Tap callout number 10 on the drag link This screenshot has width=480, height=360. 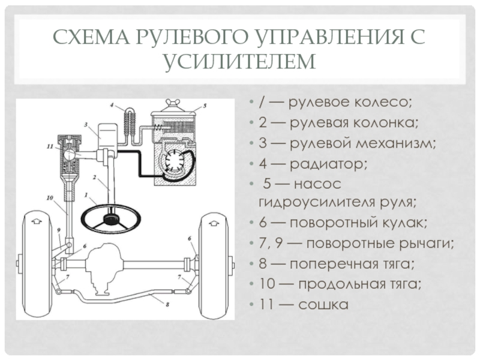tap(50, 196)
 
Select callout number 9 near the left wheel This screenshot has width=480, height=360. tap(58, 230)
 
